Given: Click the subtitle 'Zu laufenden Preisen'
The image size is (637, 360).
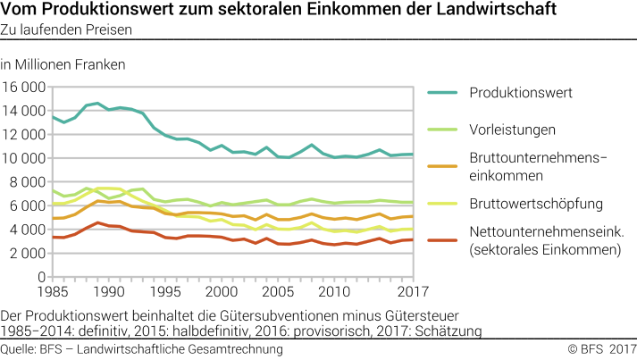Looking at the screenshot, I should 67,30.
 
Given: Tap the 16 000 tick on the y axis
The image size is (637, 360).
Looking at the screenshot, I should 24,88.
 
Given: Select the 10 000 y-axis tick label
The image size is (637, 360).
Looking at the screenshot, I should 24,158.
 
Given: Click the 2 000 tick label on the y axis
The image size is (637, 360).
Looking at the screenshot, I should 28,253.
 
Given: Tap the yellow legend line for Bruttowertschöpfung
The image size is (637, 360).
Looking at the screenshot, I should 446,204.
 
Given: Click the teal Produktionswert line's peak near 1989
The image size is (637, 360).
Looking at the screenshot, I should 97,104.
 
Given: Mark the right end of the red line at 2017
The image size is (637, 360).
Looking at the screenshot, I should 412,239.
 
